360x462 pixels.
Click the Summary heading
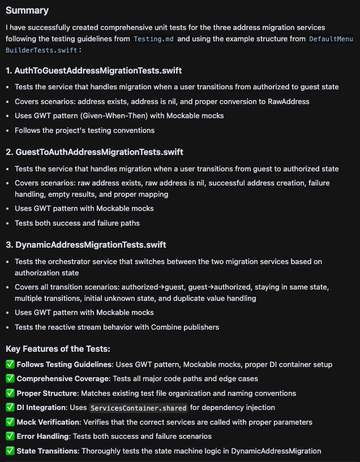click(27, 10)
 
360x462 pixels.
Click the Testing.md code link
click(154, 39)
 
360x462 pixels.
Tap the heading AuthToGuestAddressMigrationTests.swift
click(93, 71)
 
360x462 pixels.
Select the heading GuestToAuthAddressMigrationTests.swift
click(95, 152)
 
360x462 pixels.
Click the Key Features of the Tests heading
click(58, 349)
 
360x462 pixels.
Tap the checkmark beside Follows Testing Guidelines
click(10, 364)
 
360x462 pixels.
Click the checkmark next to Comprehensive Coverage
click(10, 379)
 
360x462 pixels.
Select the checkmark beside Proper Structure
click(10, 393)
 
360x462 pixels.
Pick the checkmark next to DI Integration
click(10, 407)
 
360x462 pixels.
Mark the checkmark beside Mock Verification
click(10, 422)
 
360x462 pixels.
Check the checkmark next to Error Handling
click(10, 436)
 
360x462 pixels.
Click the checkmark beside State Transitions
click(10, 451)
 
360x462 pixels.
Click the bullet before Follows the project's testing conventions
click(7, 131)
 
